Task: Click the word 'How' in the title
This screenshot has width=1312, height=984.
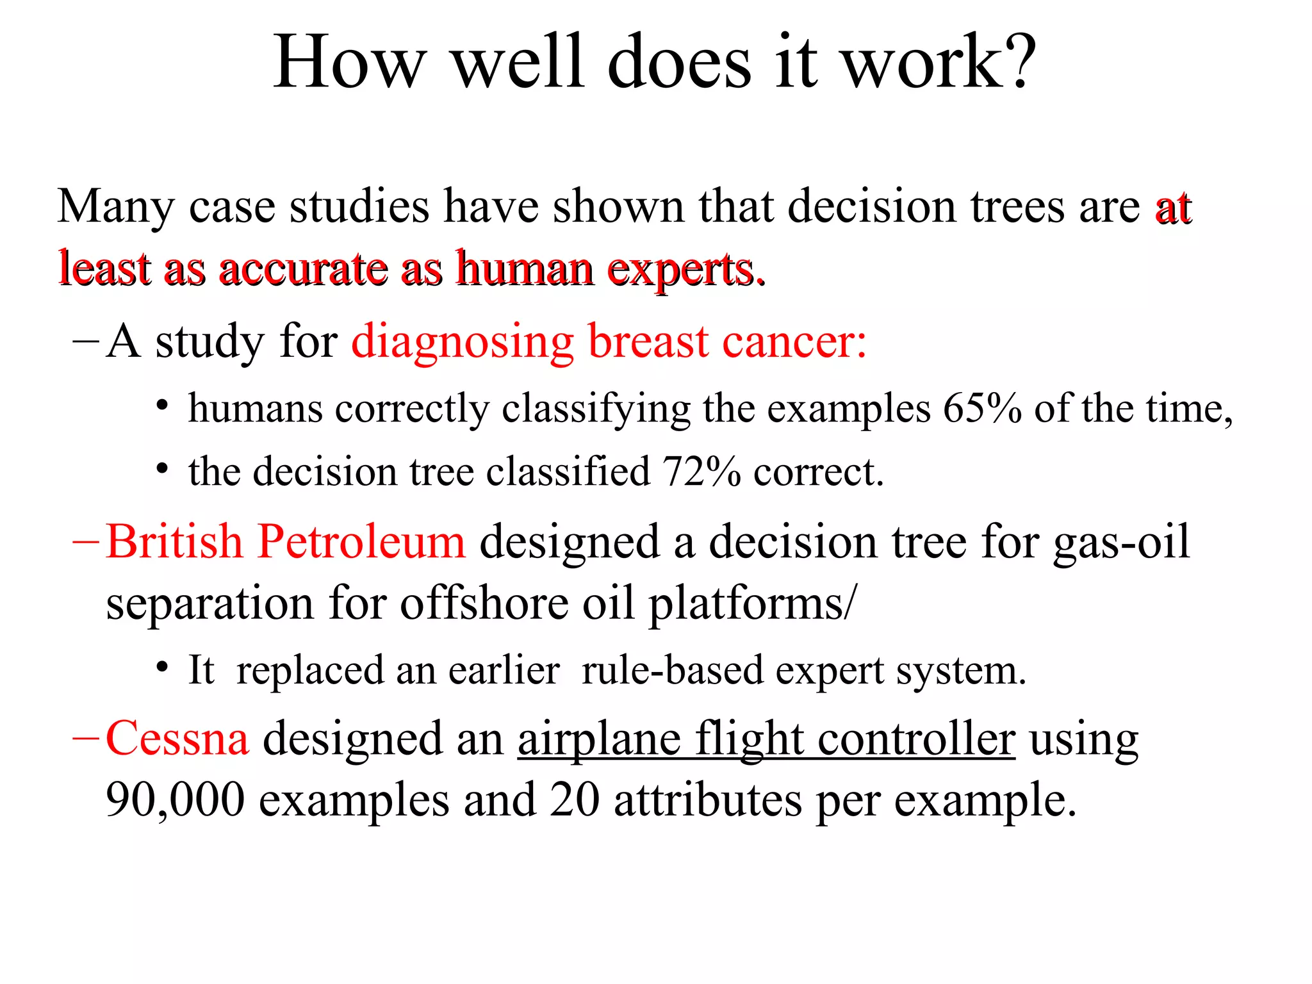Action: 350,63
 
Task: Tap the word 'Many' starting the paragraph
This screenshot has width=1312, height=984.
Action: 115,208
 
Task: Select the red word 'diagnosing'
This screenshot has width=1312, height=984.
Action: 462,342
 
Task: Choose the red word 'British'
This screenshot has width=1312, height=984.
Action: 174,542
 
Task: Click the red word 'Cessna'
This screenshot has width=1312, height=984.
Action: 177,739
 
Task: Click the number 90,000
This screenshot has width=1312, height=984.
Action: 175,801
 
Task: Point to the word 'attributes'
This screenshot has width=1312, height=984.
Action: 707,801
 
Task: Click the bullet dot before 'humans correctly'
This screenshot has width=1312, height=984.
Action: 163,406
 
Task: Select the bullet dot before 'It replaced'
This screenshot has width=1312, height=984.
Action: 163,668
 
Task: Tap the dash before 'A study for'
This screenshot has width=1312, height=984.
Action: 86,340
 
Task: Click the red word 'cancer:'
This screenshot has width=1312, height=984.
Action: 794,342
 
